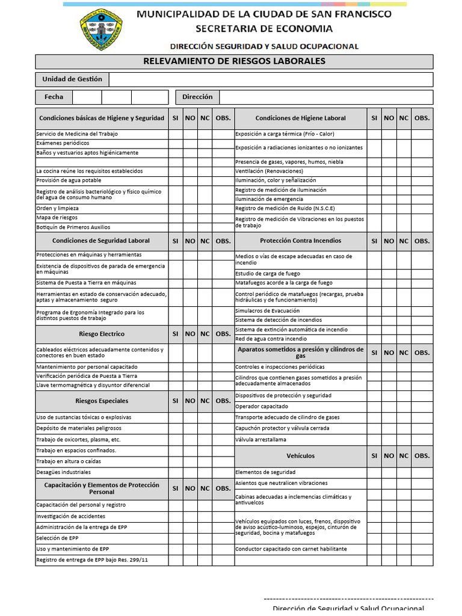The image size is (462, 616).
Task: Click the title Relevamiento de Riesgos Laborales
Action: pyautogui.click(x=234, y=61)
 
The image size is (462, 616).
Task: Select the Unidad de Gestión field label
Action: pyautogui.click(x=72, y=79)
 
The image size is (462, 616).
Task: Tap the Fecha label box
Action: pyautogui.click(x=54, y=97)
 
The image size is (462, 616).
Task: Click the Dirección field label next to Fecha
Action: pyautogui.click(x=197, y=97)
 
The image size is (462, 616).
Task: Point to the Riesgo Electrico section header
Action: pyautogui.click(x=102, y=334)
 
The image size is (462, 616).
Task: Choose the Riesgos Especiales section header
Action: pyautogui.click(x=102, y=401)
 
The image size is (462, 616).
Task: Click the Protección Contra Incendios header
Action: pyautogui.click(x=300, y=241)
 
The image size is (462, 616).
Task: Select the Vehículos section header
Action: pyautogui.click(x=300, y=456)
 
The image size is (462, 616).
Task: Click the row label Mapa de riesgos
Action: pyautogui.click(x=57, y=218)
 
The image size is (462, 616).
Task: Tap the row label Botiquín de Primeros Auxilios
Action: pyautogui.click(x=73, y=227)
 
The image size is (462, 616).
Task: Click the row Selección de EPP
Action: pyautogui.click(x=57, y=538)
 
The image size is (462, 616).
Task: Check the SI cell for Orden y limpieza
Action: pyautogui.click(x=175, y=209)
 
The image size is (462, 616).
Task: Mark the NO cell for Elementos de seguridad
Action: pyautogui.click(x=389, y=472)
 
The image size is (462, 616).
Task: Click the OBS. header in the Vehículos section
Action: pyautogui.click(x=422, y=456)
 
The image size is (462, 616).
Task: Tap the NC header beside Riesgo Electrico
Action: pyautogui.click(x=205, y=334)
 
